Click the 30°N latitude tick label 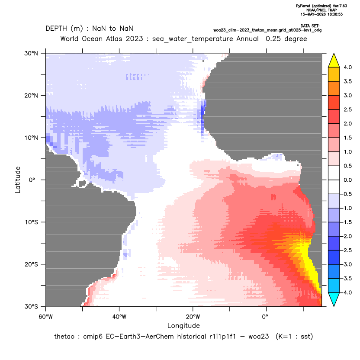31,53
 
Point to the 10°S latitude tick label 31,222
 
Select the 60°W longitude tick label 45,317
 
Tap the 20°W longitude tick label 193,317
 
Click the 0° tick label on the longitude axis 265,317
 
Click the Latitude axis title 18,180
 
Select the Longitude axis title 183,325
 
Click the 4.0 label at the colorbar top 347,67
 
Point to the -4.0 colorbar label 347,292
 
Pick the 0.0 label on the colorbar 347,180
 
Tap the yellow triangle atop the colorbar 334,61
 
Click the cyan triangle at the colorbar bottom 334,299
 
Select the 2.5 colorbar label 347,109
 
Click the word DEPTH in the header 56,29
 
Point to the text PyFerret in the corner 303,6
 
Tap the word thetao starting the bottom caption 64,337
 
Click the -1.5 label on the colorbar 347,222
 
